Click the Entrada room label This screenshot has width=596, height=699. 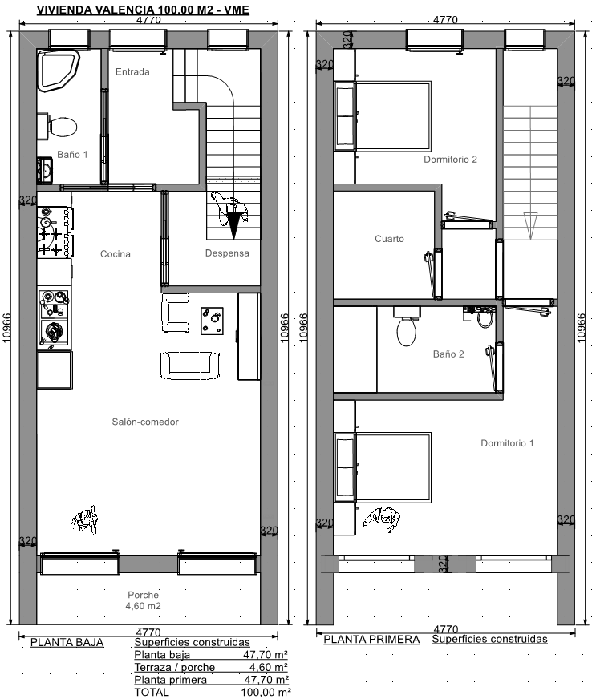pos(132,72)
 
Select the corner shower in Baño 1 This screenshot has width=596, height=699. pos(58,71)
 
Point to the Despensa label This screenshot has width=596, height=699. pos(227,253)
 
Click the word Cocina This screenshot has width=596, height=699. pos(116,254)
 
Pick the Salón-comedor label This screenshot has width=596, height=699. pos(145,422)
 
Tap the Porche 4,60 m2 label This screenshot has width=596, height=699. pos(144,600)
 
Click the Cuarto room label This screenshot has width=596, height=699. pos(390,239)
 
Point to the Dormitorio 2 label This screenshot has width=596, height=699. pos(451,160)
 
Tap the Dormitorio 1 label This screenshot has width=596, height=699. pos(507,443)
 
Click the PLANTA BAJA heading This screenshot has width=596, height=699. pos(67,643)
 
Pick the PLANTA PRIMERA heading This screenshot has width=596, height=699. pos(371,640)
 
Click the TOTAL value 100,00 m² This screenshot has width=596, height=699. pos(266,693)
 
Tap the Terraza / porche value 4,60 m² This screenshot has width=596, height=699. pos(269,668)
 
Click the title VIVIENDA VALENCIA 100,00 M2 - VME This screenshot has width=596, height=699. pos(143,10)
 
